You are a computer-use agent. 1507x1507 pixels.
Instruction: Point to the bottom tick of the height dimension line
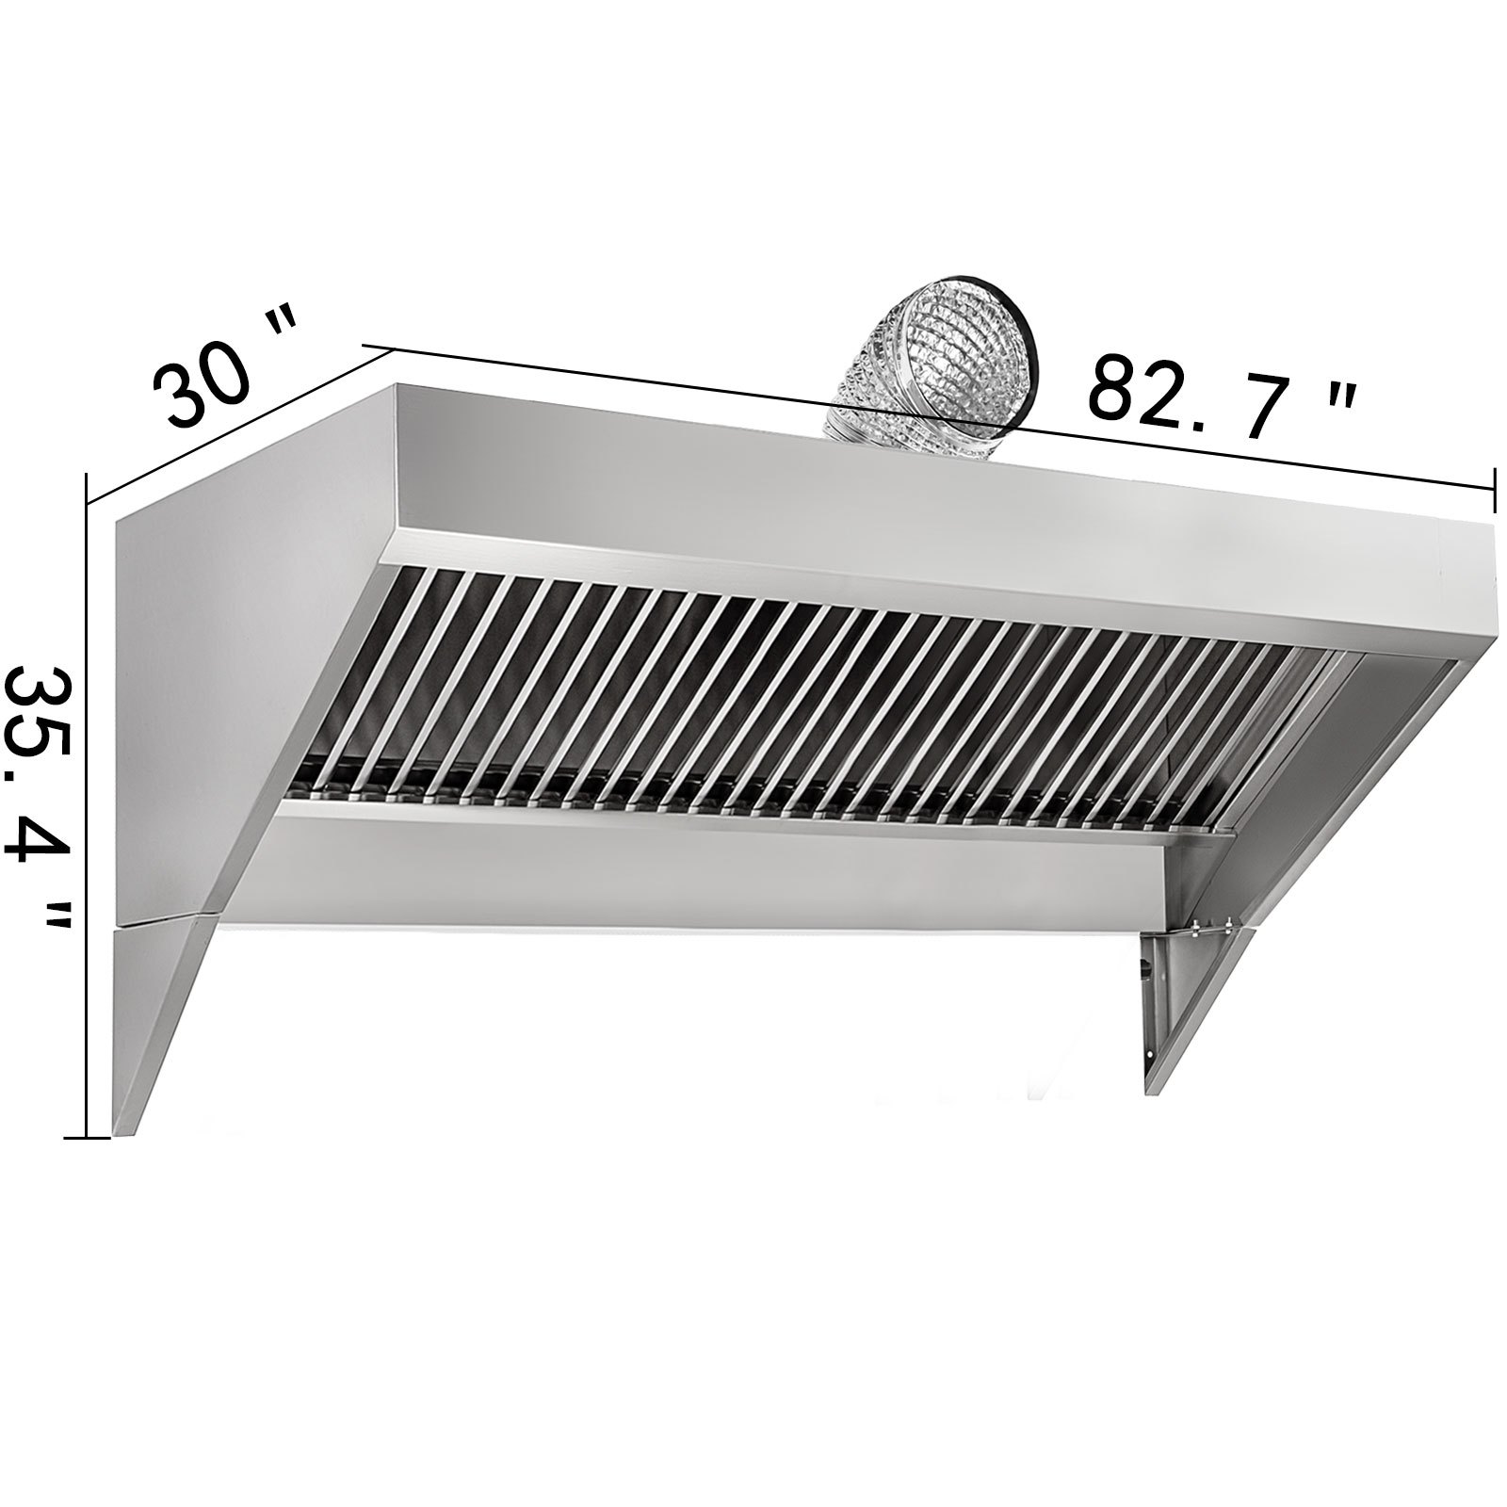click(87, 1138)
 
